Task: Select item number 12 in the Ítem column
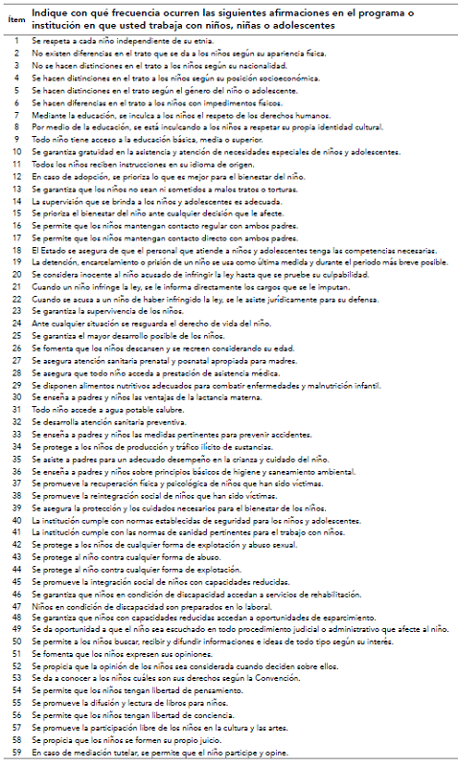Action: [x=16, y=178]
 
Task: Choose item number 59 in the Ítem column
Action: [x=16, y=754]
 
